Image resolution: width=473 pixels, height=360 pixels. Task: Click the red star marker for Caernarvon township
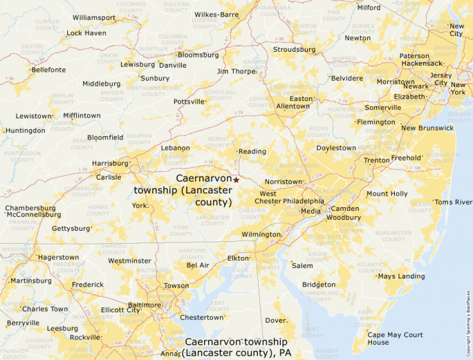236,180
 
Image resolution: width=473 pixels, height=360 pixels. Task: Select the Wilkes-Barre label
216,14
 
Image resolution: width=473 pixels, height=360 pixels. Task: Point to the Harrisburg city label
111,164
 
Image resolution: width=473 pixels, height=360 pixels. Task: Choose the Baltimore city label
145,305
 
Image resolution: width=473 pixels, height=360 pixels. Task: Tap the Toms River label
452,202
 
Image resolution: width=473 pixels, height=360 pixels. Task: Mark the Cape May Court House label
395,339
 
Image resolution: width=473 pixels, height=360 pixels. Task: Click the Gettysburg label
72,228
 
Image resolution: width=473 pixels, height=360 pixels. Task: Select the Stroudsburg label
294,50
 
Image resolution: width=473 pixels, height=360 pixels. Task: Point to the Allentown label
293,106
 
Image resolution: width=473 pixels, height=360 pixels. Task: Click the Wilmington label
261,235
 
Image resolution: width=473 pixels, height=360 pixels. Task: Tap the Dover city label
276,321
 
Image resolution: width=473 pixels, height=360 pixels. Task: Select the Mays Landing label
401,276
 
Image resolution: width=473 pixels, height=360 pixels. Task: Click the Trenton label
377,160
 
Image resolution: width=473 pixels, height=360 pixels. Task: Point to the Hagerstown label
59,257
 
